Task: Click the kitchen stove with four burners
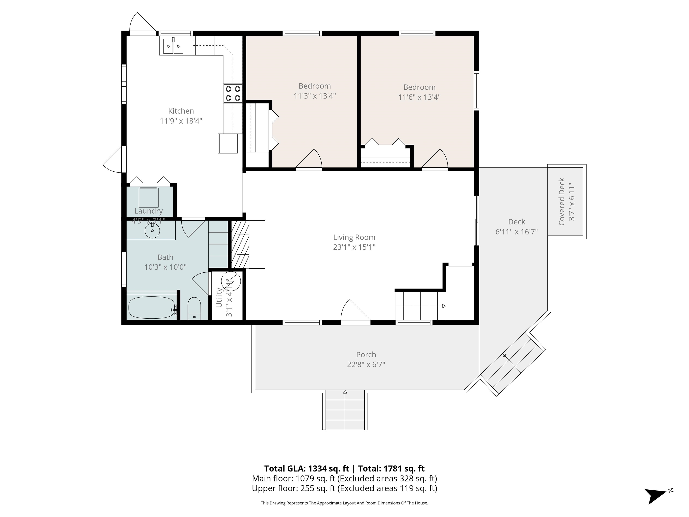point(233,94)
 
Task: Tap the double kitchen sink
point(173,46)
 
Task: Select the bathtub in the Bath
point(152,307)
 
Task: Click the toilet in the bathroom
point(194,309)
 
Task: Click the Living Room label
point(354,237)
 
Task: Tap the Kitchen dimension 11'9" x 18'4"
point(181,121)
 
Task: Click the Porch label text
point(366,355)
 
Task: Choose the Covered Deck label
point(562,202)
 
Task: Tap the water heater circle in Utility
point(231,281)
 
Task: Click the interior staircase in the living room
point(420,305)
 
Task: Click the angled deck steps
point(512,364)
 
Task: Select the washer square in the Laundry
point(148,197)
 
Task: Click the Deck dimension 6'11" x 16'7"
point(517,232)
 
